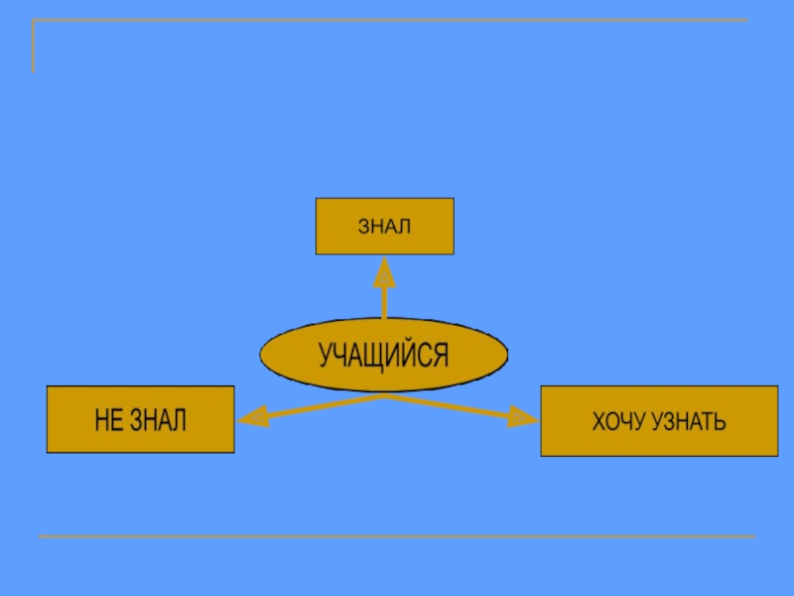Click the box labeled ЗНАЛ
(x=384, y=225)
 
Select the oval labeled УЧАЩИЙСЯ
(x=383, y=355)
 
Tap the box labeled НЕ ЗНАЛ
(x=141, y=419)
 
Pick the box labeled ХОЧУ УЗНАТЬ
(x=658, y=421)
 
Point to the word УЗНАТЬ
(x=689, y=423)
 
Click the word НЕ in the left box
(x=108, y=420)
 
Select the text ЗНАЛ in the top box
(x=384, y=226)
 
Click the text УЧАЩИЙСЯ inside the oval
(x=383, y=355)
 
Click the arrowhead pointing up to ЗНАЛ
(x=384, y=270)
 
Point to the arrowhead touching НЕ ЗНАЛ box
(x=250, y=418)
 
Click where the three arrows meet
(x=384, y=396)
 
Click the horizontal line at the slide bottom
(x=397, y=536)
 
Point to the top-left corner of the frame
(x=34, y=21)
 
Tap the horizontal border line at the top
(x=397, y=20)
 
